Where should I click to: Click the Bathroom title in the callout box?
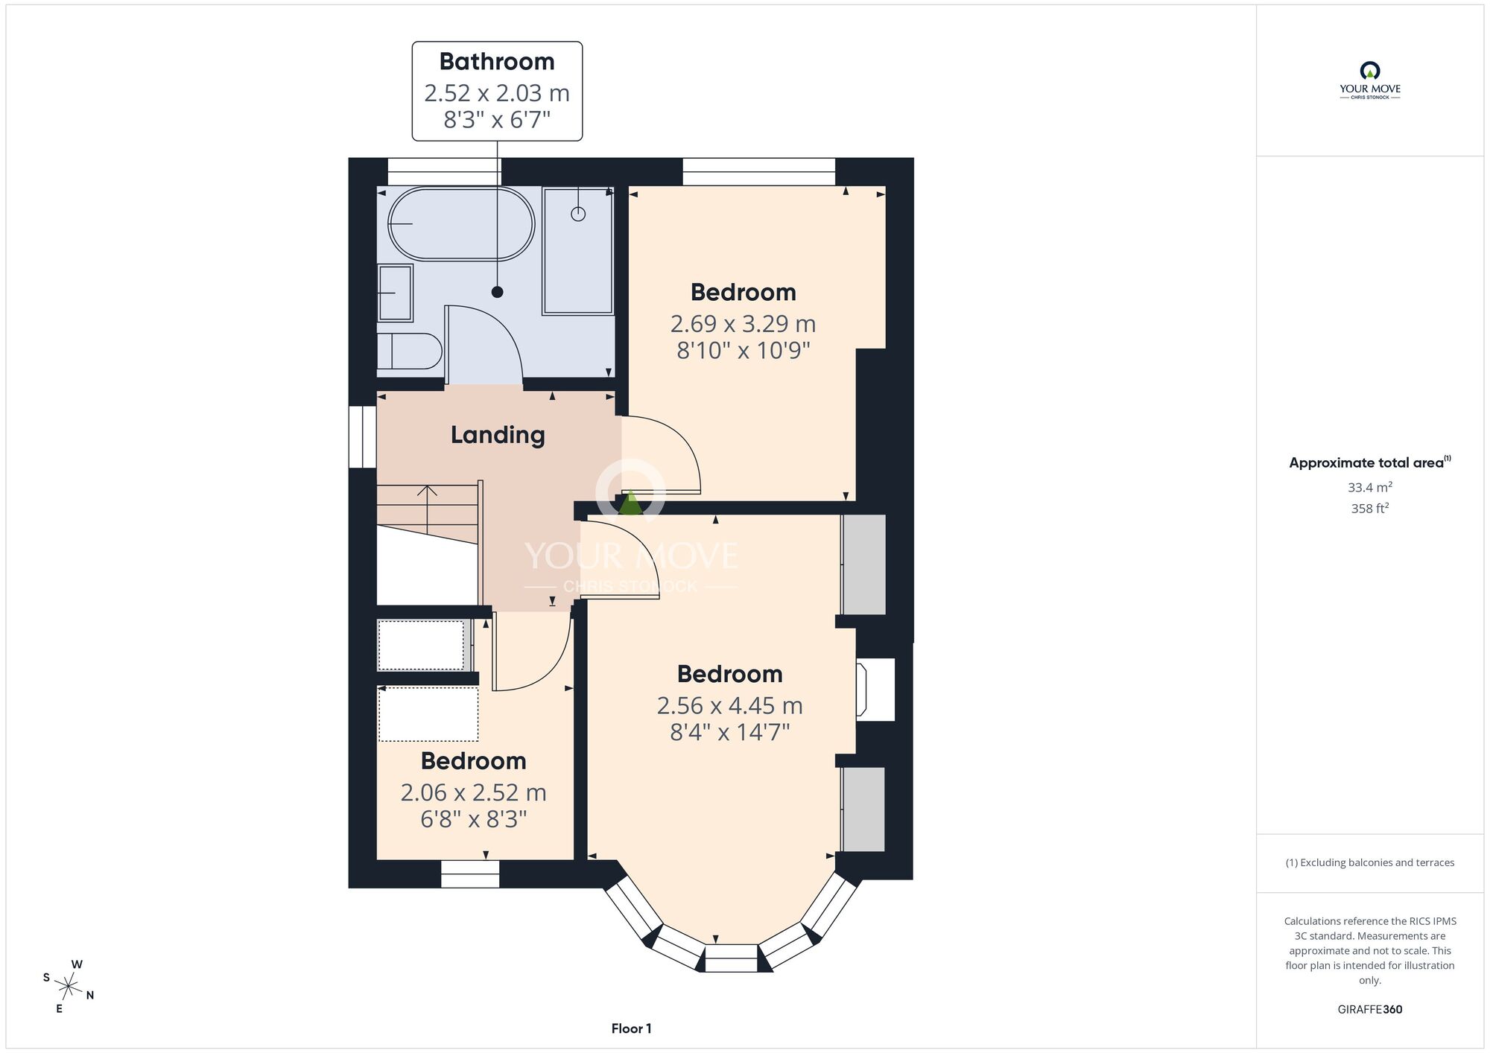coord(497,61)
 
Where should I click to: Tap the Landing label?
coord(498,435)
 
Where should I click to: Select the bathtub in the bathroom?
coord(461,223)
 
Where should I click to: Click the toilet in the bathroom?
coord(409,351)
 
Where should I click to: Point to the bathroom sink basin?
coord(395,293)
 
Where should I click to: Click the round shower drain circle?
coord(578,214)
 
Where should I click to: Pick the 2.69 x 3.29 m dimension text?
coord(743,324)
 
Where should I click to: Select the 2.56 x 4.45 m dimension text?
coord(729,705)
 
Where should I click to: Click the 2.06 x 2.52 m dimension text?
coord(473,792)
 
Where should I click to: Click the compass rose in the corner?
coord(69,987)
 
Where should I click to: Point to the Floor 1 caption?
coord(631,1028)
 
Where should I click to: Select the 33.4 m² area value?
coord(1370,487)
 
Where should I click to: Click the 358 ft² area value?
coord(1370,509)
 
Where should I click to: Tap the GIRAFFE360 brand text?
coord(1370,1010)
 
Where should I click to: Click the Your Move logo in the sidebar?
coord(1370,80)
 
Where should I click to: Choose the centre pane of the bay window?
coord(731,958)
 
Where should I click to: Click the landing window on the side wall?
coord(363,436)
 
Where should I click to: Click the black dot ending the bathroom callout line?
coord(497,292)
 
